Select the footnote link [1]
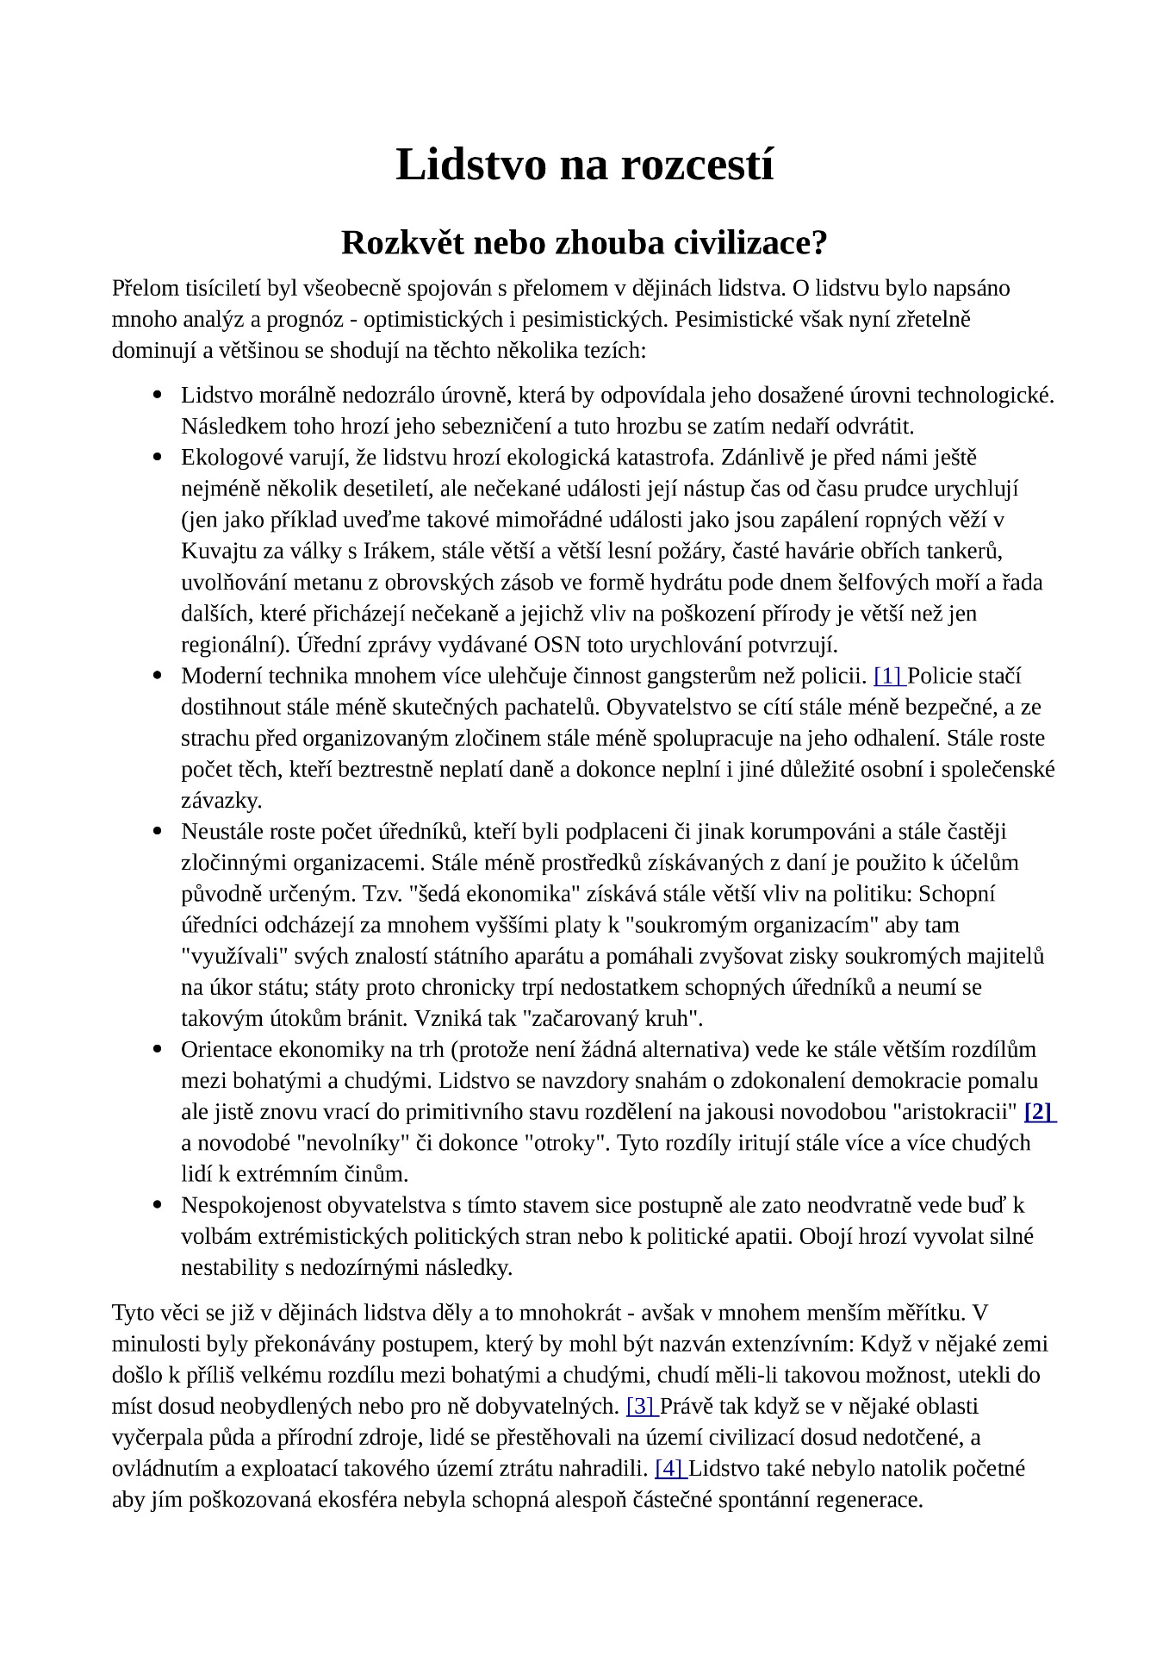886,676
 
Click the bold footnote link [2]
1039,1111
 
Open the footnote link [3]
641,1406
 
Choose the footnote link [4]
670,1468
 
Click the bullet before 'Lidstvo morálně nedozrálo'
158,396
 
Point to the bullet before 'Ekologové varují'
158,458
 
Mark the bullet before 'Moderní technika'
158,676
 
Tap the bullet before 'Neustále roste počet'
158,832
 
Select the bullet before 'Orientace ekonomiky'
158,1049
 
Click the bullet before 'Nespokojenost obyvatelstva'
158,1205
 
